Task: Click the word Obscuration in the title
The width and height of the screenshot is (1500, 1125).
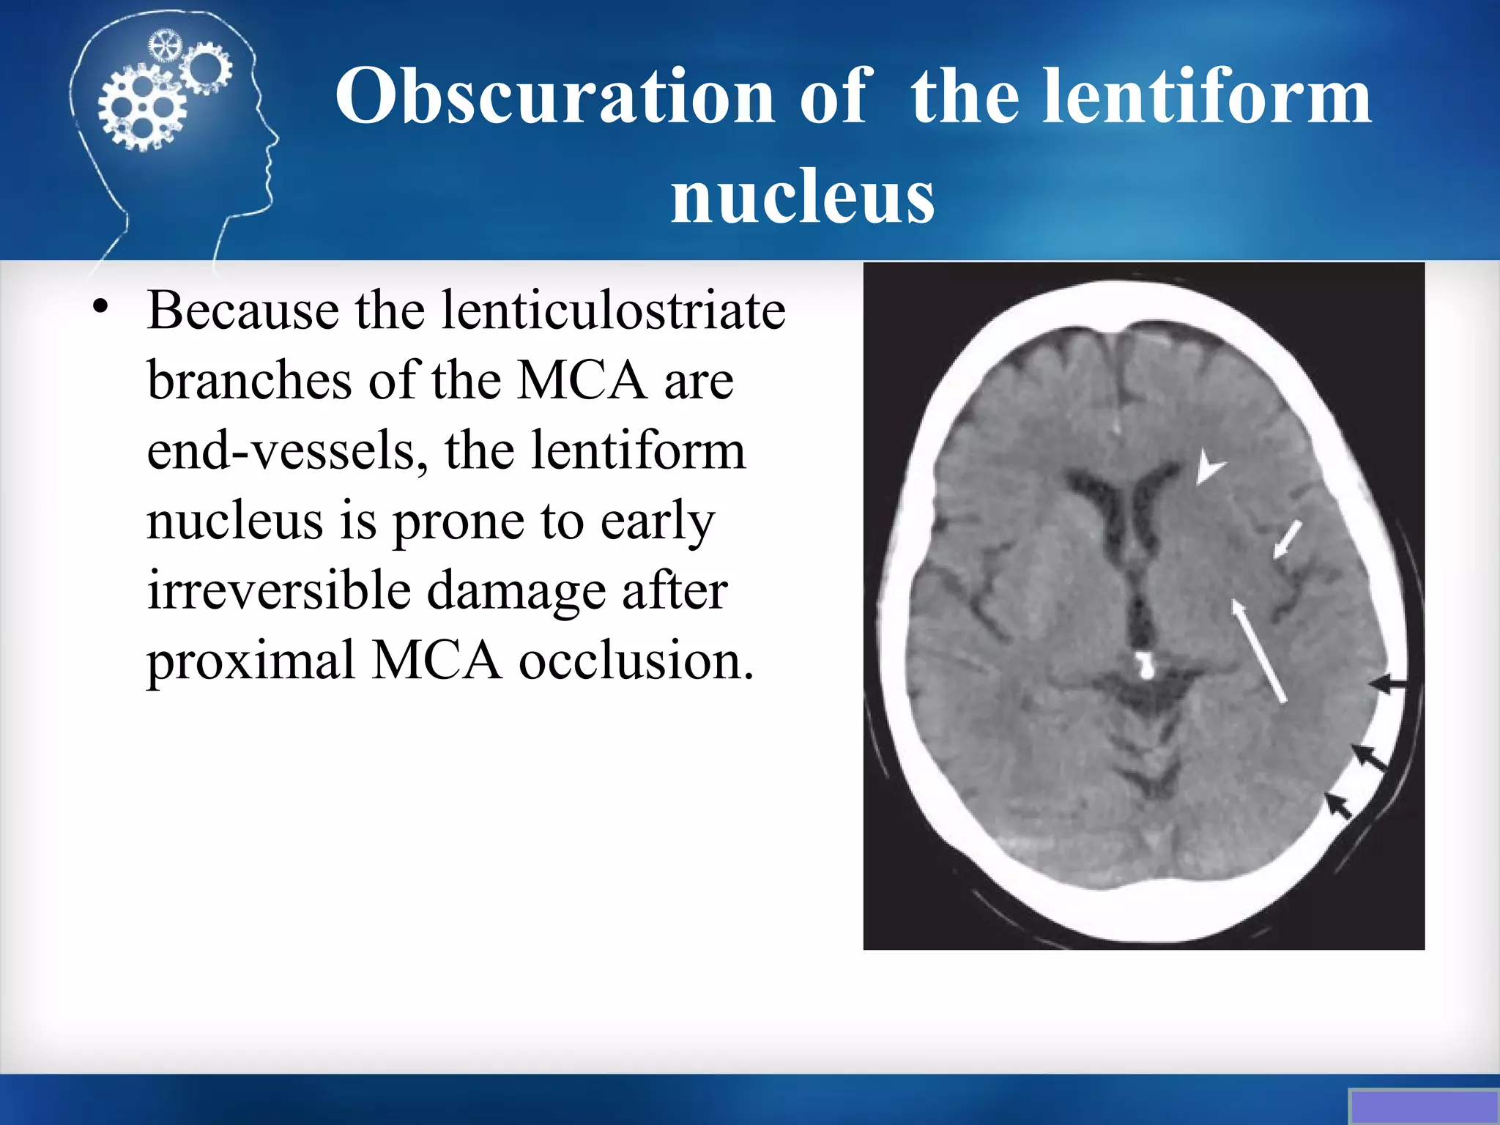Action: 554,97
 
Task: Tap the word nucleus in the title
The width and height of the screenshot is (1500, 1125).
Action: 803,196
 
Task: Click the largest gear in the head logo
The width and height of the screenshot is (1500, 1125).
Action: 142,108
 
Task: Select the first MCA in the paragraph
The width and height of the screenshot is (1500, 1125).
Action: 582,381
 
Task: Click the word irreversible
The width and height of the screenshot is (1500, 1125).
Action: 279,590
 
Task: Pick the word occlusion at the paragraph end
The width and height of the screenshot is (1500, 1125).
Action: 636,660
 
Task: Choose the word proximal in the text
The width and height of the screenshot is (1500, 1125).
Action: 250,660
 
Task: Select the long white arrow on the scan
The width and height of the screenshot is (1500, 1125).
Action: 1259,651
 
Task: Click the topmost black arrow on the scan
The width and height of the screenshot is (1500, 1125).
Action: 1388,684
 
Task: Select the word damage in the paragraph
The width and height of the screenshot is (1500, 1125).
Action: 516,590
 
